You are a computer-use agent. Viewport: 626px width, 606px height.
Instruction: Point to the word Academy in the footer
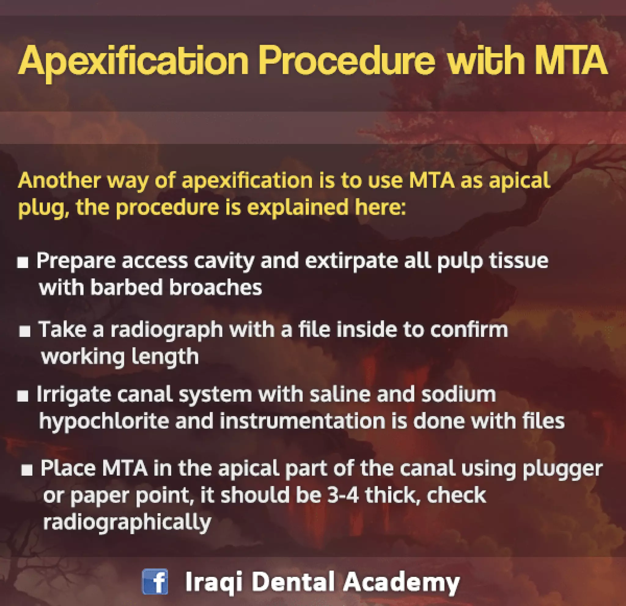(x=401, y=582)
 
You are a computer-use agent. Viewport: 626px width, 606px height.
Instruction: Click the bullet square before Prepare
(x=23, y=263)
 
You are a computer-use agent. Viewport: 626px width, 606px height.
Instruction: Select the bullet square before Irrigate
(x=23, y=397)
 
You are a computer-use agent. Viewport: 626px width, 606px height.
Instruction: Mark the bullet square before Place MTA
(x=27, y=470)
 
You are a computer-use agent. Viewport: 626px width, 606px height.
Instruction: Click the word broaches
(x=215, y=287)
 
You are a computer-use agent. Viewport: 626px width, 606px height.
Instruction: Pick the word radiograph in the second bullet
(x=166, y=329)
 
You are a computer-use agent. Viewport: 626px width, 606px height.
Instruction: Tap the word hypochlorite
(x=104, y=421)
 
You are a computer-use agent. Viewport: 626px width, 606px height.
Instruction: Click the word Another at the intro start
(x=59, y=181)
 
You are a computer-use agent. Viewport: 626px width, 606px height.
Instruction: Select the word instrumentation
(x=303, y=421)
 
